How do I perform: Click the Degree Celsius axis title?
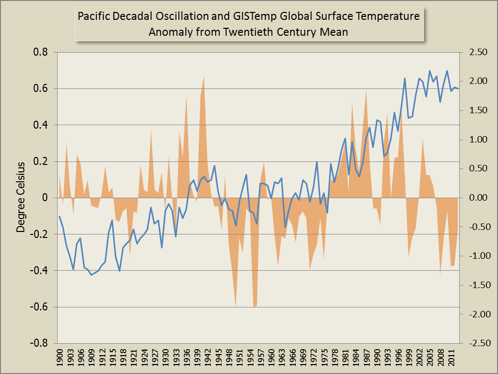click(21, 197)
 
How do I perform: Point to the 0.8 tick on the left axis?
click(42, 52)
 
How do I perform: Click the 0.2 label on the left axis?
click(42, 161)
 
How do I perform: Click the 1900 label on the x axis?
click(60, 357)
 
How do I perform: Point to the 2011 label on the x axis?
click(451, 357)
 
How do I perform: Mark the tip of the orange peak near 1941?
click(204, 76)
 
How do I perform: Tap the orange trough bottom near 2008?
click(440, 274)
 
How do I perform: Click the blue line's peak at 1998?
click(405, 78)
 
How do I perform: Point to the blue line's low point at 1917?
click(120, 271)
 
